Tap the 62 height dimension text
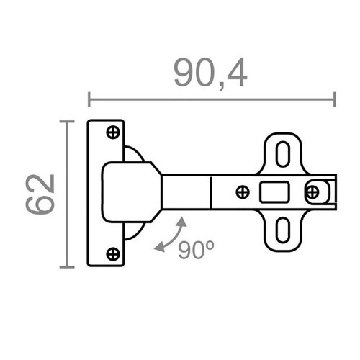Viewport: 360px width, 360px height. (x=42, y=194)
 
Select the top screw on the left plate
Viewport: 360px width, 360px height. (x=113, y=132)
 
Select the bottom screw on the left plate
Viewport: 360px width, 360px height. (x=113, y=253)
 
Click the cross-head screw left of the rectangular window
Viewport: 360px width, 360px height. (x=243, y=192)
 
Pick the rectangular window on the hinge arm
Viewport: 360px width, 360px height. (x=274, y=192)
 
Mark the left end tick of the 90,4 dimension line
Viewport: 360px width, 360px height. (x=89, y=99)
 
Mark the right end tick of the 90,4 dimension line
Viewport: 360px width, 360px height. (x=335, y=99)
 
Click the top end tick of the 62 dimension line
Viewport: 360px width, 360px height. (x=67, y=121)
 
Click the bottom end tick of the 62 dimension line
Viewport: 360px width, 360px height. (x=67, y=266)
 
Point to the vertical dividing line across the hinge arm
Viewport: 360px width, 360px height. (x=210, y=192)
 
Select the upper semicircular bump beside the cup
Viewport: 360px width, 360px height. (x=135, y=154)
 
